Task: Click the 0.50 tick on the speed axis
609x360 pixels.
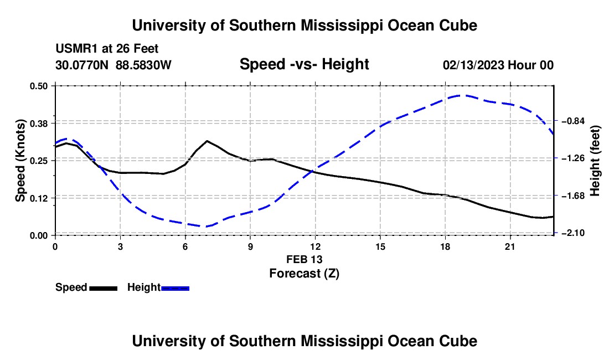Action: tap(38, 86)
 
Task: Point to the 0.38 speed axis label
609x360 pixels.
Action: tap(38, 124)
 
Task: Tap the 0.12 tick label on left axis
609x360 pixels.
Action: tap(38, 198)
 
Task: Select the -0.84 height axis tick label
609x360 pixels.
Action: tap(573, 121)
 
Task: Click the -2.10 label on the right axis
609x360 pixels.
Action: tap(573, 233)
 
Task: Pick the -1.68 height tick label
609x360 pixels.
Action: tap(573, 196)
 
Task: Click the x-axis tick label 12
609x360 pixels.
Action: tap(316, 246)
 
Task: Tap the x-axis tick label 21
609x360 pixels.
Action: tap(510, 246)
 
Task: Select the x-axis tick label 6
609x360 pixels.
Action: tap(185, 246)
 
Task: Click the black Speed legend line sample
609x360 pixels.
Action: tap(104, 289)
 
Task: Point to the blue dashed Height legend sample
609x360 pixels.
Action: tap(175, 289)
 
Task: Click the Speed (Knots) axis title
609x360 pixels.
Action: tap(20, 161)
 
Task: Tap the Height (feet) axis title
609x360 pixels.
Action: tap(595, 161)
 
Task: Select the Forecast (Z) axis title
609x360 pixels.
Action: tap(304, 274)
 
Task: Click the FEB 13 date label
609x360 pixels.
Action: tap(304, 259)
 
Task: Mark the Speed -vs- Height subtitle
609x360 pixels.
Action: tap(304, 64)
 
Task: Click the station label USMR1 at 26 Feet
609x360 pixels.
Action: tap(107, 49)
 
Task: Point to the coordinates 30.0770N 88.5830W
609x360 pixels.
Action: tap(113, 65)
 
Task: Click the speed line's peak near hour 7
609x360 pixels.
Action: tap(207, 141)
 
